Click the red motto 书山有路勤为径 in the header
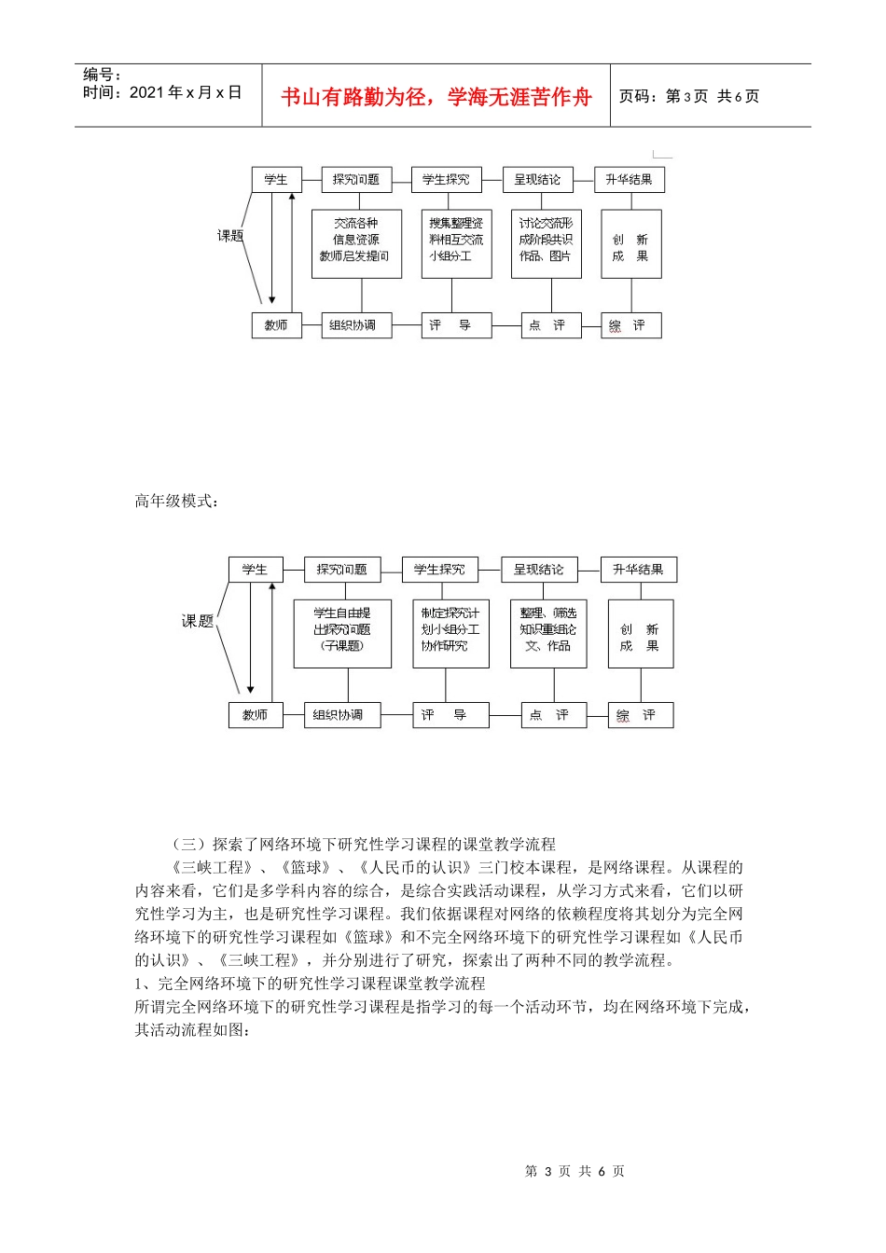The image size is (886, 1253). [x=436, y=97]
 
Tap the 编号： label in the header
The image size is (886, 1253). [x=102, y=75]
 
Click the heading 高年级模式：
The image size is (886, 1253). [x=177, y=502]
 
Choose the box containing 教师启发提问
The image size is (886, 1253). [x=356, y=243]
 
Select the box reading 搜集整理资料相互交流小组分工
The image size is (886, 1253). [x=456, y=243]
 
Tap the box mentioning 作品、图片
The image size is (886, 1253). [x=546, y=243]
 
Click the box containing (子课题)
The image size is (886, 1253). [x=341, y=634]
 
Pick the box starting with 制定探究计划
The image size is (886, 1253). [x=450, y=634]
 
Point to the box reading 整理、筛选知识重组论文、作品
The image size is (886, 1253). [x=548, y=634]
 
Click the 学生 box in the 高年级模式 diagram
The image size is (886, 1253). [x=255, y=570]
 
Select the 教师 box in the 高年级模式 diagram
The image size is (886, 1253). [x=255, y=715]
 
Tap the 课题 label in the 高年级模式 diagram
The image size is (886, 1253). [x=198, y=621]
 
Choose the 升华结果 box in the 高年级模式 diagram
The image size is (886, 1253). [x=638, y=570]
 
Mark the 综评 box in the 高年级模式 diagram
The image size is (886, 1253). [x=639, y=715]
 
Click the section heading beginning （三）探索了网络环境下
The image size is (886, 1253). [x=364, y=845]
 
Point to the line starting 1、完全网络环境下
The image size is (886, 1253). [x=310, y=984]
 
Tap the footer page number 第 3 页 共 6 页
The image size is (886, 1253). [x=575, y=1172]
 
